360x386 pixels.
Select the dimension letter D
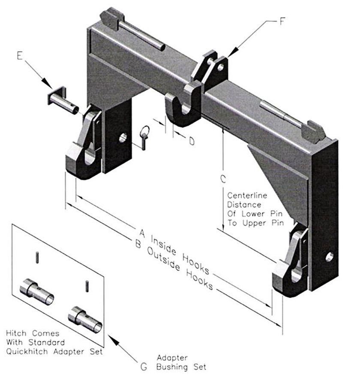coord(191,141)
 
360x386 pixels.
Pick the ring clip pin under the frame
coord(144,136)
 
